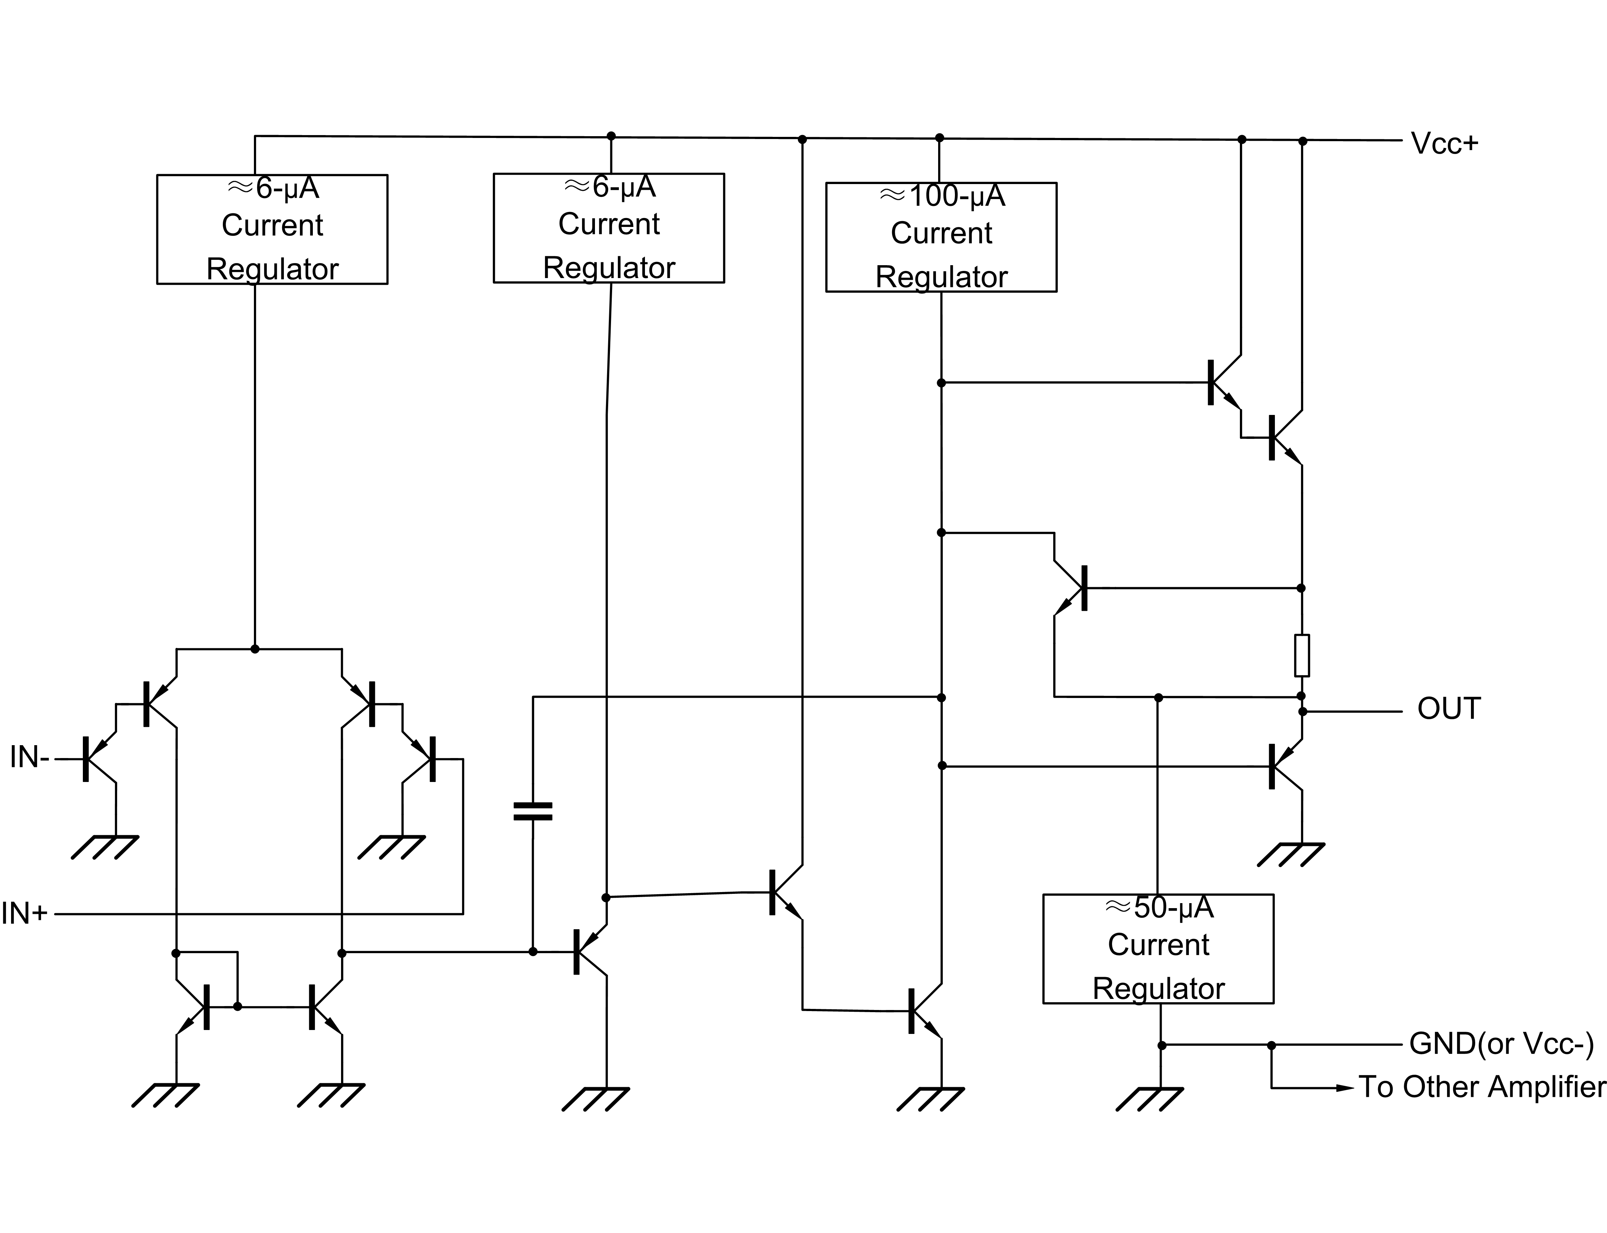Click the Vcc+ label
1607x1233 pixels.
click(x=1443, y=144)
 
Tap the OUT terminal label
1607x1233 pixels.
click(x=1448, y=709)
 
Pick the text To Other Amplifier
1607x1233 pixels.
click(x=1482, y=1087)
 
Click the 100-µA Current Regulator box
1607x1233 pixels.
click(x=941, y=237)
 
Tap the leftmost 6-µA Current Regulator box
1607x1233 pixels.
click(x=272, y=229)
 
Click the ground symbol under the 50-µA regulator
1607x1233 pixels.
click(x=1149, y=1099)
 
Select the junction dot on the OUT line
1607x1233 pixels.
click(x=1303, y=711)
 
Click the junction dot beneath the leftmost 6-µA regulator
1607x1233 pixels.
click(x=255, y=649)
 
